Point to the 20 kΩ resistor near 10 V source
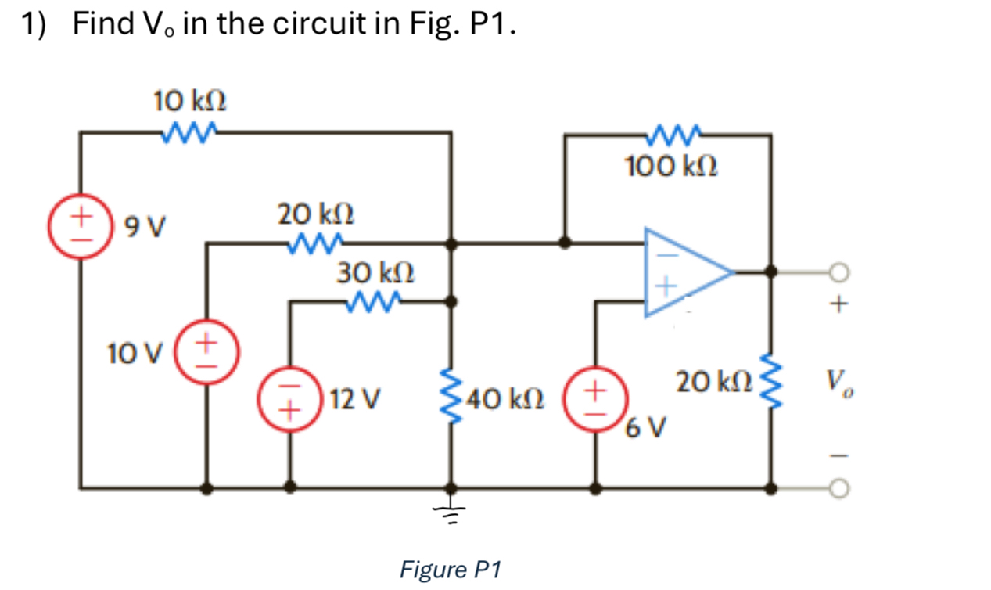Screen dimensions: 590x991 pyautogui.click(x=314, y=243)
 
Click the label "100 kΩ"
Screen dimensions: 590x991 pyautogui.click(x=671, y=167)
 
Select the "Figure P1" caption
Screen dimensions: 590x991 pyautogui.click(x=450, y=569)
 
